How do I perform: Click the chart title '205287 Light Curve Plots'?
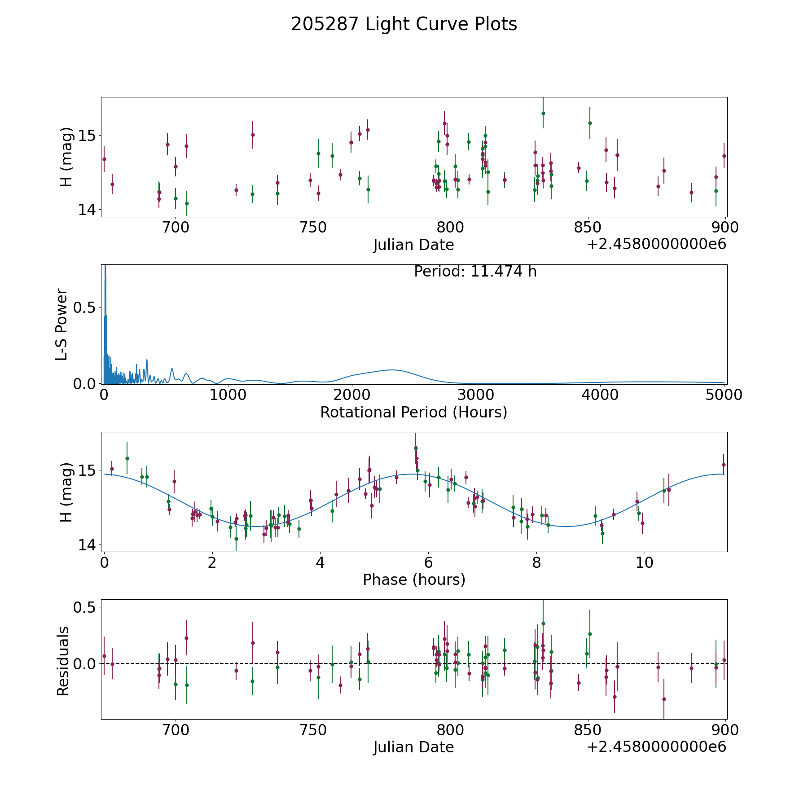(404, 24)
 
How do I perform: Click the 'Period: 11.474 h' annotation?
(475, 272)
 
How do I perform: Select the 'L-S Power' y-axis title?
(62, 324)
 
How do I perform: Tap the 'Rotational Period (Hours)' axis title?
(413, 412)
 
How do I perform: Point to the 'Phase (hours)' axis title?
(413, 580)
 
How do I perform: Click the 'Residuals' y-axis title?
(63, 661)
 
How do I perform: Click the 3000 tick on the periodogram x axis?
(476, 395)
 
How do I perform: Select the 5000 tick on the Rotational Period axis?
(724, 395)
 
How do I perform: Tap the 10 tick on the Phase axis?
(645, 562)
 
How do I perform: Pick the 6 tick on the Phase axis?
(428, 562)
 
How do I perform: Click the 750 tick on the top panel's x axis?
(313, 228)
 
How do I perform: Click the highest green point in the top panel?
(543, 113)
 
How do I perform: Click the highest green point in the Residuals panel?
(543, 624)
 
